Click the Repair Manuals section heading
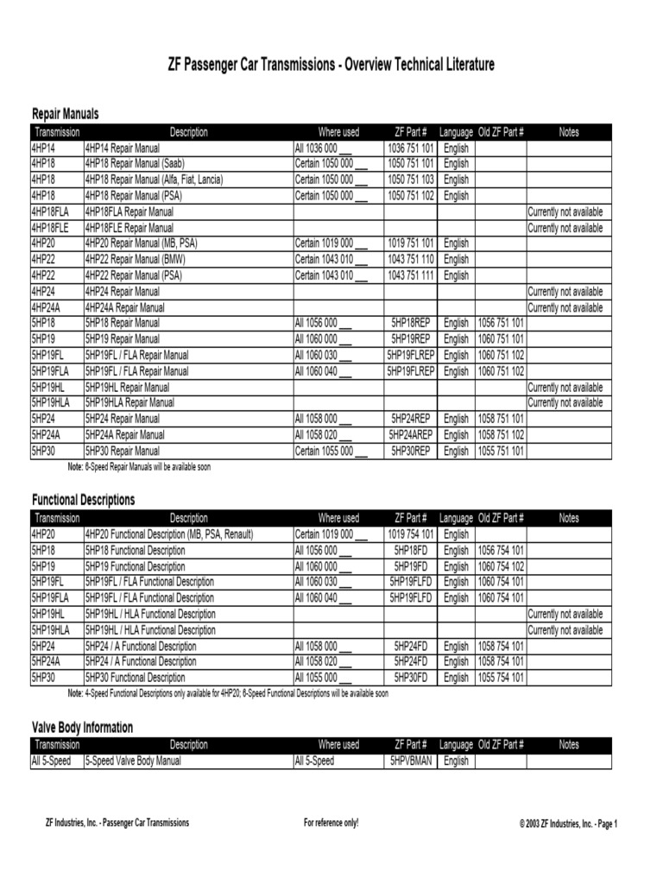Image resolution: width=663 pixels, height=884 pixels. click(66, 114)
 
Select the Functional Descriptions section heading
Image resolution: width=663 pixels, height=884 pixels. click(84, 500)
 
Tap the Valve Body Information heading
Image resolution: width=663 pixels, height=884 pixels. click(83, 728)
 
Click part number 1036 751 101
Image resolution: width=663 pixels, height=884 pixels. click(410, 148)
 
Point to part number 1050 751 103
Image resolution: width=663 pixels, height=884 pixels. click(410, 180)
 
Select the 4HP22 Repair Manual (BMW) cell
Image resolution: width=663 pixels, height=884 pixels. click(136, 259)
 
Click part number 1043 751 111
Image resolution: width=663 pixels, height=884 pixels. click(410, 275)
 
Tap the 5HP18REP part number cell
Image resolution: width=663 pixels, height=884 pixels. click(410, 323)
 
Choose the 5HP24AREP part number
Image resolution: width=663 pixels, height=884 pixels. click(410, 435)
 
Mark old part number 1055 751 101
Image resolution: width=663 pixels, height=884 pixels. click(501, 451)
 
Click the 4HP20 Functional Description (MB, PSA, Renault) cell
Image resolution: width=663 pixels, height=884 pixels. click(169, 534)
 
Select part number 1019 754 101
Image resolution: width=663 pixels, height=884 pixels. click(410, 534)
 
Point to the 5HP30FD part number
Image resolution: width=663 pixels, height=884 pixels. click(410, 678)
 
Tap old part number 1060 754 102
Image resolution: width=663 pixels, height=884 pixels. click(501, 566)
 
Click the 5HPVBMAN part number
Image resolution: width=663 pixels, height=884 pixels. click(410, 761)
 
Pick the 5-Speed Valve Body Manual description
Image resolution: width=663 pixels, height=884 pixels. click(133, 761)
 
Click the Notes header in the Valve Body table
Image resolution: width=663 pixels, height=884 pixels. click(569, 745)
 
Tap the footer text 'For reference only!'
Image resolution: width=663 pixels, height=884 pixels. click(331, 823)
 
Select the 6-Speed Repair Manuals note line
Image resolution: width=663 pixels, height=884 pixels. click(139, 467)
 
